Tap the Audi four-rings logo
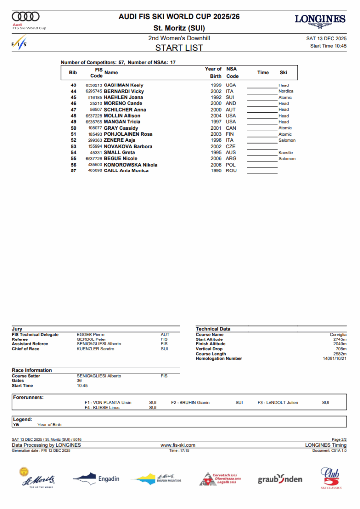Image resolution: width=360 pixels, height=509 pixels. click(x=25, y=16)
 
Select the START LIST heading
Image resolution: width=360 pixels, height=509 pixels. click(x=179, y=48)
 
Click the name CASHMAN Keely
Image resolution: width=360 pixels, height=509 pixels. click(x=123, y=85)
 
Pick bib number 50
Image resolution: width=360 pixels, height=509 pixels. click(x=73, y=128)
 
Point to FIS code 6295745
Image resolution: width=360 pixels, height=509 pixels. click(x=94, y=91)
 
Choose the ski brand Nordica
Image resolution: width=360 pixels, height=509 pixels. click(x=286, y=91)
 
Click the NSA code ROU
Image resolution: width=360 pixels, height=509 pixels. click(x=231, y=171)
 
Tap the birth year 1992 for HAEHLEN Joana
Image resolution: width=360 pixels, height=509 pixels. click(x=216, y=98)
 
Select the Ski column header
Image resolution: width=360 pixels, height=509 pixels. click(x=283, y=73)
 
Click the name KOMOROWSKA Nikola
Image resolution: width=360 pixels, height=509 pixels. click(x=130, y=165)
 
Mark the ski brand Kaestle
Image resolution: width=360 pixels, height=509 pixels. click(x=286, y=153)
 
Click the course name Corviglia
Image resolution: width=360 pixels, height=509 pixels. click(x=338, y=335)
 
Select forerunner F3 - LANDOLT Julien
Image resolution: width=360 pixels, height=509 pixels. click(x=277, y=403)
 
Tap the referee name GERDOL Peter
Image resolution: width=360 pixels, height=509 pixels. click(x=90, y=339)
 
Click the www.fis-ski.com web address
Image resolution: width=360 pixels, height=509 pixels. click(x=178, y=445)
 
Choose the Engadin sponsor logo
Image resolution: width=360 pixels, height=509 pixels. click(x=96, y=479)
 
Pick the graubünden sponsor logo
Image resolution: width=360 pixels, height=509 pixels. click(x=279, y=479)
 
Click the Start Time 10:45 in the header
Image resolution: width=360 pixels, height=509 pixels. click(x=328, y=46)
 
